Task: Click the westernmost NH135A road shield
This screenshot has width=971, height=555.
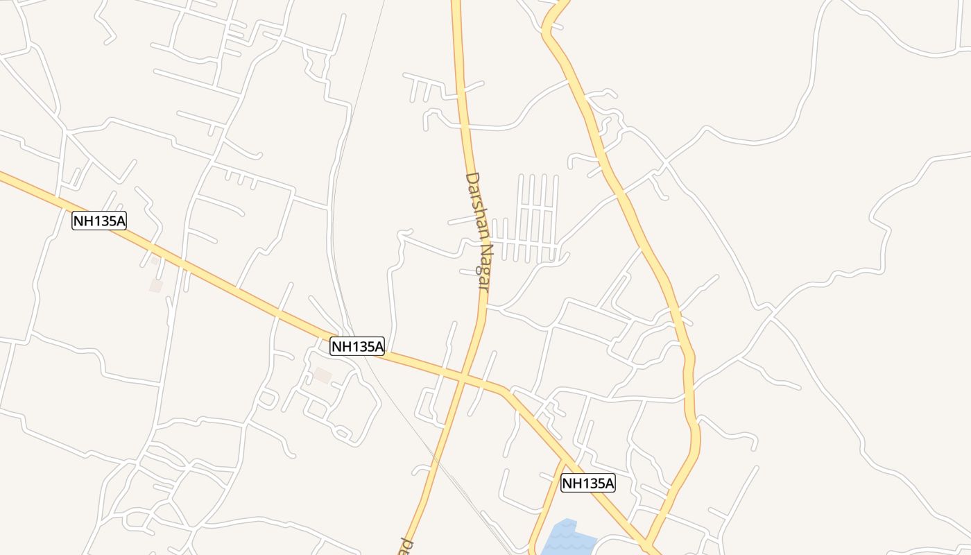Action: point(99,221)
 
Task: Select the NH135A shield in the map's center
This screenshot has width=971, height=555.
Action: point(356,346)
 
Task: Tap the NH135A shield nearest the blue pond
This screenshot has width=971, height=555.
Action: point(587,483)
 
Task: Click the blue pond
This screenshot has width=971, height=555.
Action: point(567,538)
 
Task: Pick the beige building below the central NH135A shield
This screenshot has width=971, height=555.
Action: point(323,375)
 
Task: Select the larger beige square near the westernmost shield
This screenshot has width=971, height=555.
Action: point(156,285)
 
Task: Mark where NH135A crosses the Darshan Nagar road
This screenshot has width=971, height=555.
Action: point(463,378)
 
